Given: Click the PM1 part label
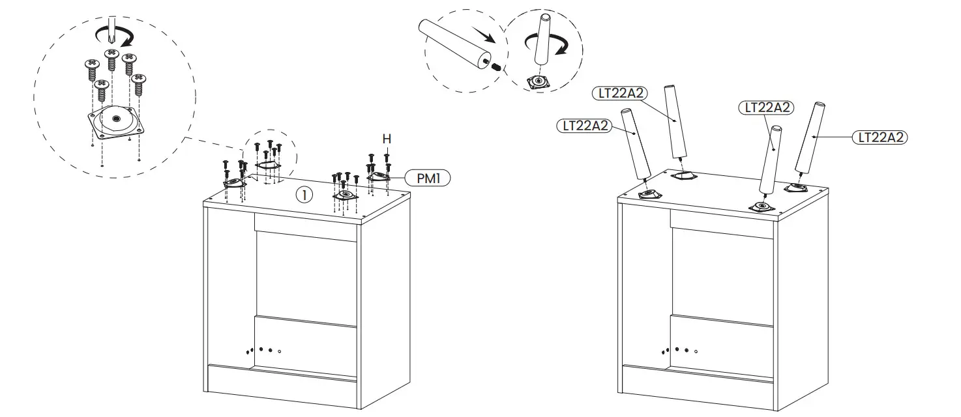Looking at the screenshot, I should click(428, 177).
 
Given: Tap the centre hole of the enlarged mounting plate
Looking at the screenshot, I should click(116, 119).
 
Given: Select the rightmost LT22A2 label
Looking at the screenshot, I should click(880, 137).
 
